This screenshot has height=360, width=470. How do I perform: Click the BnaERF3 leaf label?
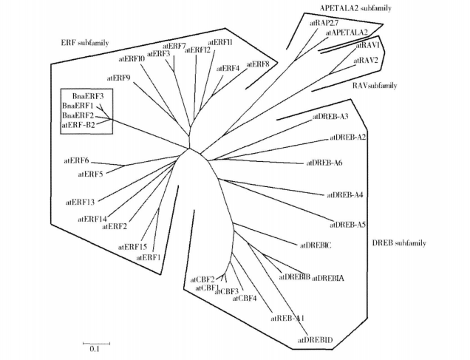click(87, 96)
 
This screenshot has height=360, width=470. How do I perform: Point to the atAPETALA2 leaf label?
click(347, 33)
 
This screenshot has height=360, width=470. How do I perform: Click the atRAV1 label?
click(368, 45)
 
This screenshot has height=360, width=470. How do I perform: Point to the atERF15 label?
click(134, 246)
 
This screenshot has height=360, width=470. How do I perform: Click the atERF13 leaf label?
click(80, 201)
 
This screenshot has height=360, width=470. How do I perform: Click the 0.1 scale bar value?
click(95, 350)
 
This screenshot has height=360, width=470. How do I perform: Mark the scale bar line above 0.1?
click(95, 342)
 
